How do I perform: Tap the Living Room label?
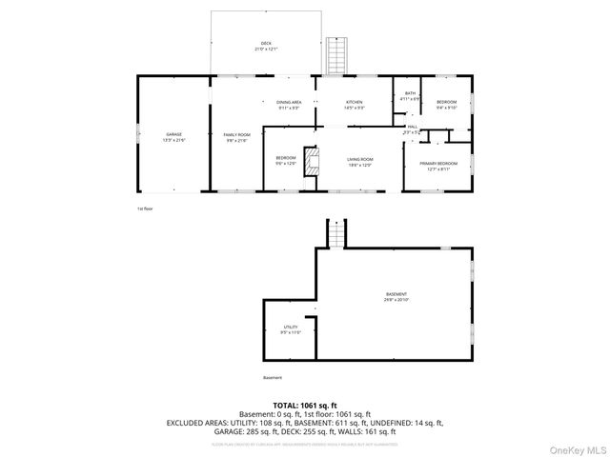pyautogui.click(x=359, y=161)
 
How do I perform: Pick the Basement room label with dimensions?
pyautogui.click(x=396, y=297)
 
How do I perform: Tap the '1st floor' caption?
pyautogui.click(x=145, y=208)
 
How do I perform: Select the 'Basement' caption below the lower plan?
pyautogui.click(x=273, y=377)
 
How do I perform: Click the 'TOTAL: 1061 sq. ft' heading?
pyautogui.click(x=305, y=405)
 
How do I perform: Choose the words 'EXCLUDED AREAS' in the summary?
pyautogui.click(x=197, y=422)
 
